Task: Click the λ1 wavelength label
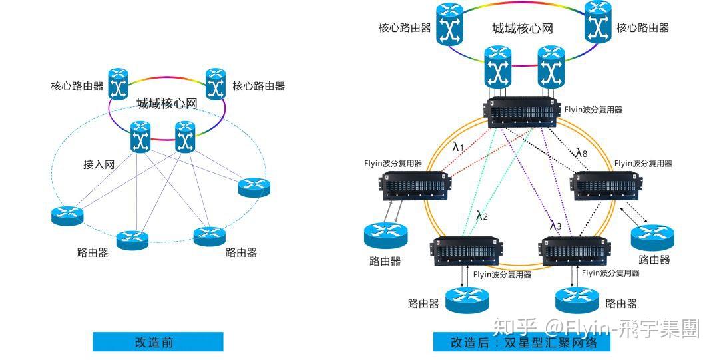458,146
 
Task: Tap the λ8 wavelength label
581,152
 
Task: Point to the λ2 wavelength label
482,215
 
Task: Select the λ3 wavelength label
555,225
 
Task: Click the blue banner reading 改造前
158,342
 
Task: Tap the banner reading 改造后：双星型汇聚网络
521,343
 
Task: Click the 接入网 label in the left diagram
99,164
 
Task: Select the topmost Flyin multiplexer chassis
524,112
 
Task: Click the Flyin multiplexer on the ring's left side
415,186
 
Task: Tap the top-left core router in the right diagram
450,24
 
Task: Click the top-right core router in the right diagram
597,23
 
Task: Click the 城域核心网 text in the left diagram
167,104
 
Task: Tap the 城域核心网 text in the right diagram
522,29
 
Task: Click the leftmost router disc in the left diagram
67,215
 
